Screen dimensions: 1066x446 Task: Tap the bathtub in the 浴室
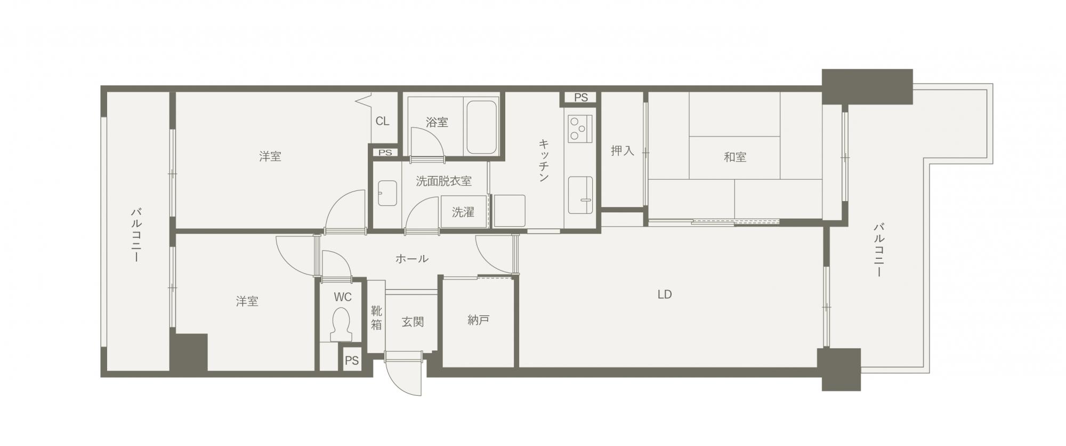[482, 128]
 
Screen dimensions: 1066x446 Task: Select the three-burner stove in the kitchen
[580, 129]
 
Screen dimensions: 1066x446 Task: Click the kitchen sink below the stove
[580, 195]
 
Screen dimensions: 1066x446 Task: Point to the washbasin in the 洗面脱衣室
[387, 193]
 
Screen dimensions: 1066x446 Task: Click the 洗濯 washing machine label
[463, 212]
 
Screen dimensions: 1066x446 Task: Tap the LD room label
[664, 294]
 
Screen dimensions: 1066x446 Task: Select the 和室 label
[734, 157]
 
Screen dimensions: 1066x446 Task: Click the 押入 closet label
[622, 151]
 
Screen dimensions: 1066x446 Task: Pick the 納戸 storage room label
[478, 320]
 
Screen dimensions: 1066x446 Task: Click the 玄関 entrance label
[413, 322]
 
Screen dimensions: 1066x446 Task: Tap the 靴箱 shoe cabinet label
[376, 317]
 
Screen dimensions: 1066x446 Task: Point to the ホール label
[411, 259]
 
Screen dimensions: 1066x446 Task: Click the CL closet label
[382, 121]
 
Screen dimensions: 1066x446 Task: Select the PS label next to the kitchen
[581, 98]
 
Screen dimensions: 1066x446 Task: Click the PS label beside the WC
[352, 361]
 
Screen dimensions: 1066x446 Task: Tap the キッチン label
[544, 161]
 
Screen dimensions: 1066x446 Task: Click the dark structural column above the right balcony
[867, 86]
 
